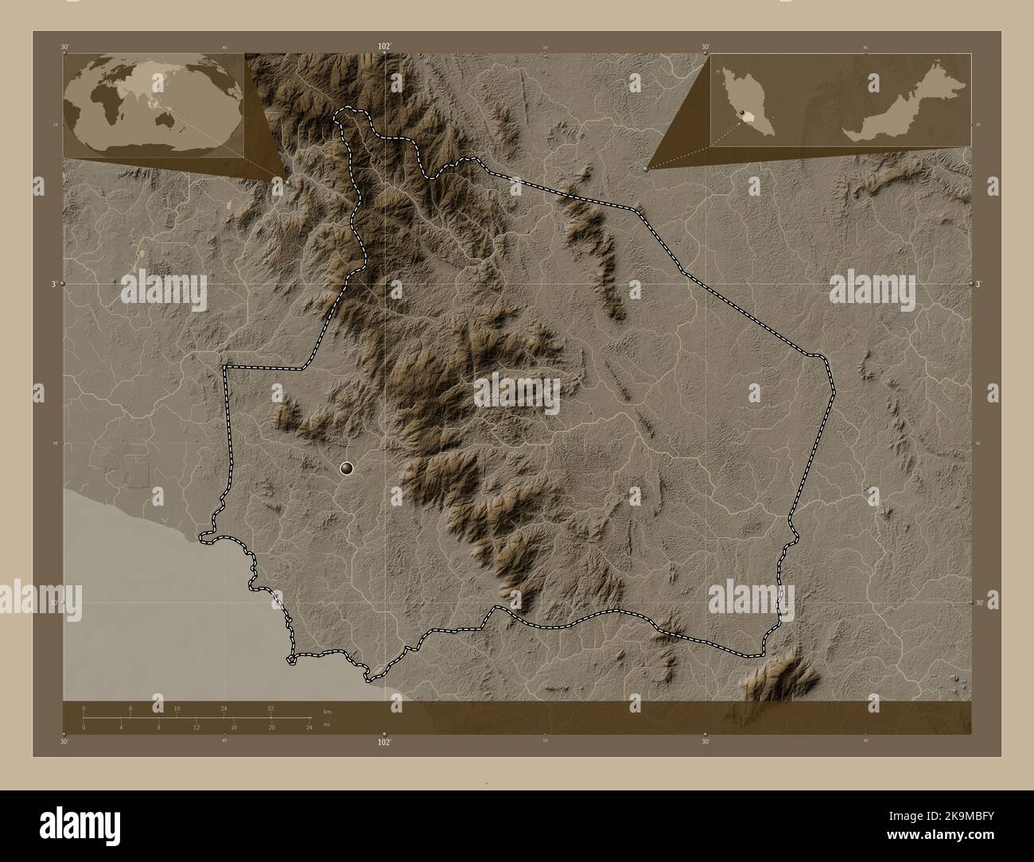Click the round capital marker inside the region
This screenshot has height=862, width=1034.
pyautogui.click(x=347, y=468)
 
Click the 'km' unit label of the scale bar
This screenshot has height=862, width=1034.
pyautogui.click(x=327, y=711)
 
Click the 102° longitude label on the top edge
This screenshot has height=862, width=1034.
pyautogui.click(x=384, y=46)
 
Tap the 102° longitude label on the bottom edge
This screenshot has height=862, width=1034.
pyautogui.click(x=384, y=742)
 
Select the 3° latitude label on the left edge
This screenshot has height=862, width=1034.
pyautogui.click(x=54, y=283)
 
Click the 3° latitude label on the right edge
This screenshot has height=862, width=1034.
pyautogui.click(x=980, y=283)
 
